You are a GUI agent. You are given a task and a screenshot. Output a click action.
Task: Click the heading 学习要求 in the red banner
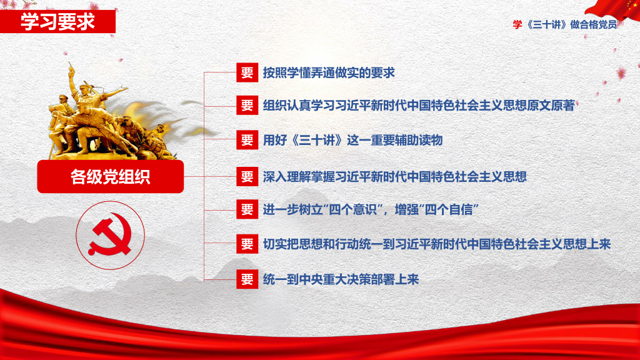[57, 22]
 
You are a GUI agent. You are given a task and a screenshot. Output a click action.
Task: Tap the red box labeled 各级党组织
[110, 176]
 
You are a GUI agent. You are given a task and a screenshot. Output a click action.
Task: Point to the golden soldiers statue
[110, 112]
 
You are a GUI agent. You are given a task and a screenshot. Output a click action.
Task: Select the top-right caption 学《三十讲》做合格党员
[565, 24]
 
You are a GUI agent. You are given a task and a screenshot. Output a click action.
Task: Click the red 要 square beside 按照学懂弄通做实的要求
[247, 72]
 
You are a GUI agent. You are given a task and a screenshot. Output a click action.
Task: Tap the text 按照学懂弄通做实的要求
[329, 72]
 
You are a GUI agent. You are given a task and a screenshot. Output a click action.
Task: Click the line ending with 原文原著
[419, 105]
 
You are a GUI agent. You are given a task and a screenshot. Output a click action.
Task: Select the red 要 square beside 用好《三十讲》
[247, 140]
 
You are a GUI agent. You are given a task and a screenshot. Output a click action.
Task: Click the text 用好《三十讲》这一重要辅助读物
[352, 140]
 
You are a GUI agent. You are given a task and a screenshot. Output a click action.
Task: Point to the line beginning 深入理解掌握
[395, 176]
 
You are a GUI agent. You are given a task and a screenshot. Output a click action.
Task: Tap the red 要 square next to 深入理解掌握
[247, 176]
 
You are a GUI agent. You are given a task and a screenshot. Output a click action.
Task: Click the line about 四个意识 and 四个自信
[371, 209]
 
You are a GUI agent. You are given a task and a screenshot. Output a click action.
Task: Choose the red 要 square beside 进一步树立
[247, 209]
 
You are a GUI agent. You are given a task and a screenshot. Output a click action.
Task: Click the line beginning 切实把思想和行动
[437, 244]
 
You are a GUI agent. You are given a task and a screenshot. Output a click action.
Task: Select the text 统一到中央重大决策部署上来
[341, 279]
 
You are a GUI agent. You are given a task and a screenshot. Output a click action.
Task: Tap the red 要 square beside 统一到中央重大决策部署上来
[247, 279]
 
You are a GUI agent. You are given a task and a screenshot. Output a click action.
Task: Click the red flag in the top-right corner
[614, 9]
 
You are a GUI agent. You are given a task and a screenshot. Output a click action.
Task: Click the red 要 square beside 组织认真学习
[247, 105]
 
